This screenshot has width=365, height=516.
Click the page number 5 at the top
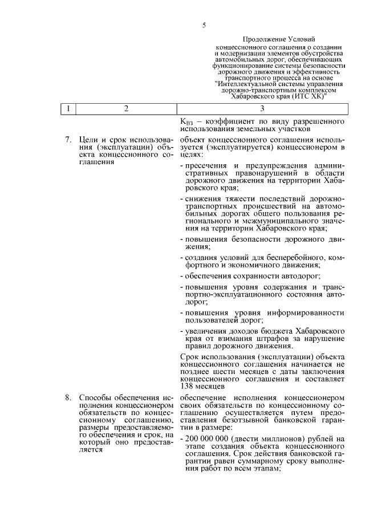204,25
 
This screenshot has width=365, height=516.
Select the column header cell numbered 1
68,109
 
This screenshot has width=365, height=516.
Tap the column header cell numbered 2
127,109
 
